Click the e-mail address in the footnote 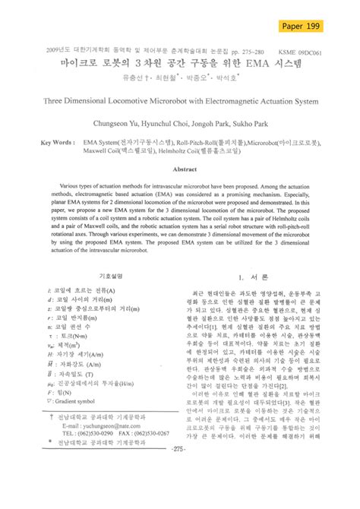(x=107, y=428)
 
